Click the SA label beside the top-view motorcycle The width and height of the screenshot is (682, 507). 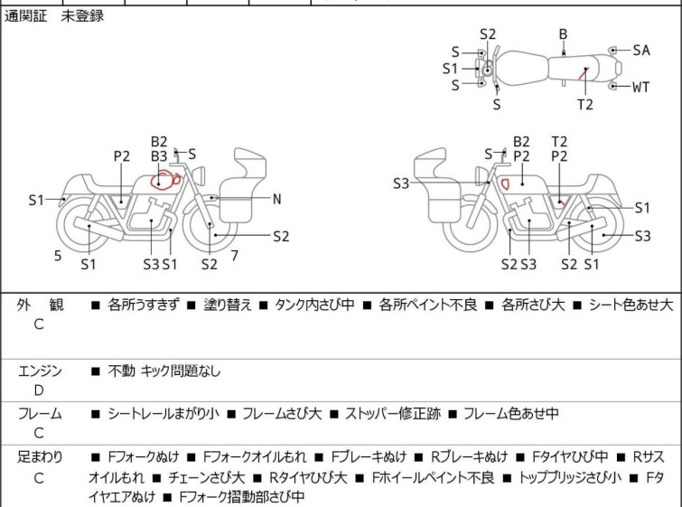coord(640,51)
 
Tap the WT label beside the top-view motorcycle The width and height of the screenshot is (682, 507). coord(640,88)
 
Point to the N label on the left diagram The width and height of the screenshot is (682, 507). coord(277,198)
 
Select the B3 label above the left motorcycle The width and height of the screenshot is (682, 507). coord(159,155)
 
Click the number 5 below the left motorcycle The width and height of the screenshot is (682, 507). coord(58,256)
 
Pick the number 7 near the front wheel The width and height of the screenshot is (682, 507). coord(234,256)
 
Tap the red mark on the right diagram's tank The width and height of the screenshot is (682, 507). coord(506,183)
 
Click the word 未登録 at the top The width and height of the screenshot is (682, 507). coord(82,16)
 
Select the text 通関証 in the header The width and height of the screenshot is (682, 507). coord(26,16)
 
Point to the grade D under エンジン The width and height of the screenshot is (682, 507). coord(39,390)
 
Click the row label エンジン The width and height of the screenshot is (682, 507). coord(40,371)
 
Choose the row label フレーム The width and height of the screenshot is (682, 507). coord(40,414)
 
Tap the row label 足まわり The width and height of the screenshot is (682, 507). coord(40,457)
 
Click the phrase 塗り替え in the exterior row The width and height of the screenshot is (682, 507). coord(227,305)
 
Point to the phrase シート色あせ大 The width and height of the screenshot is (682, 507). coord(631,305)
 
